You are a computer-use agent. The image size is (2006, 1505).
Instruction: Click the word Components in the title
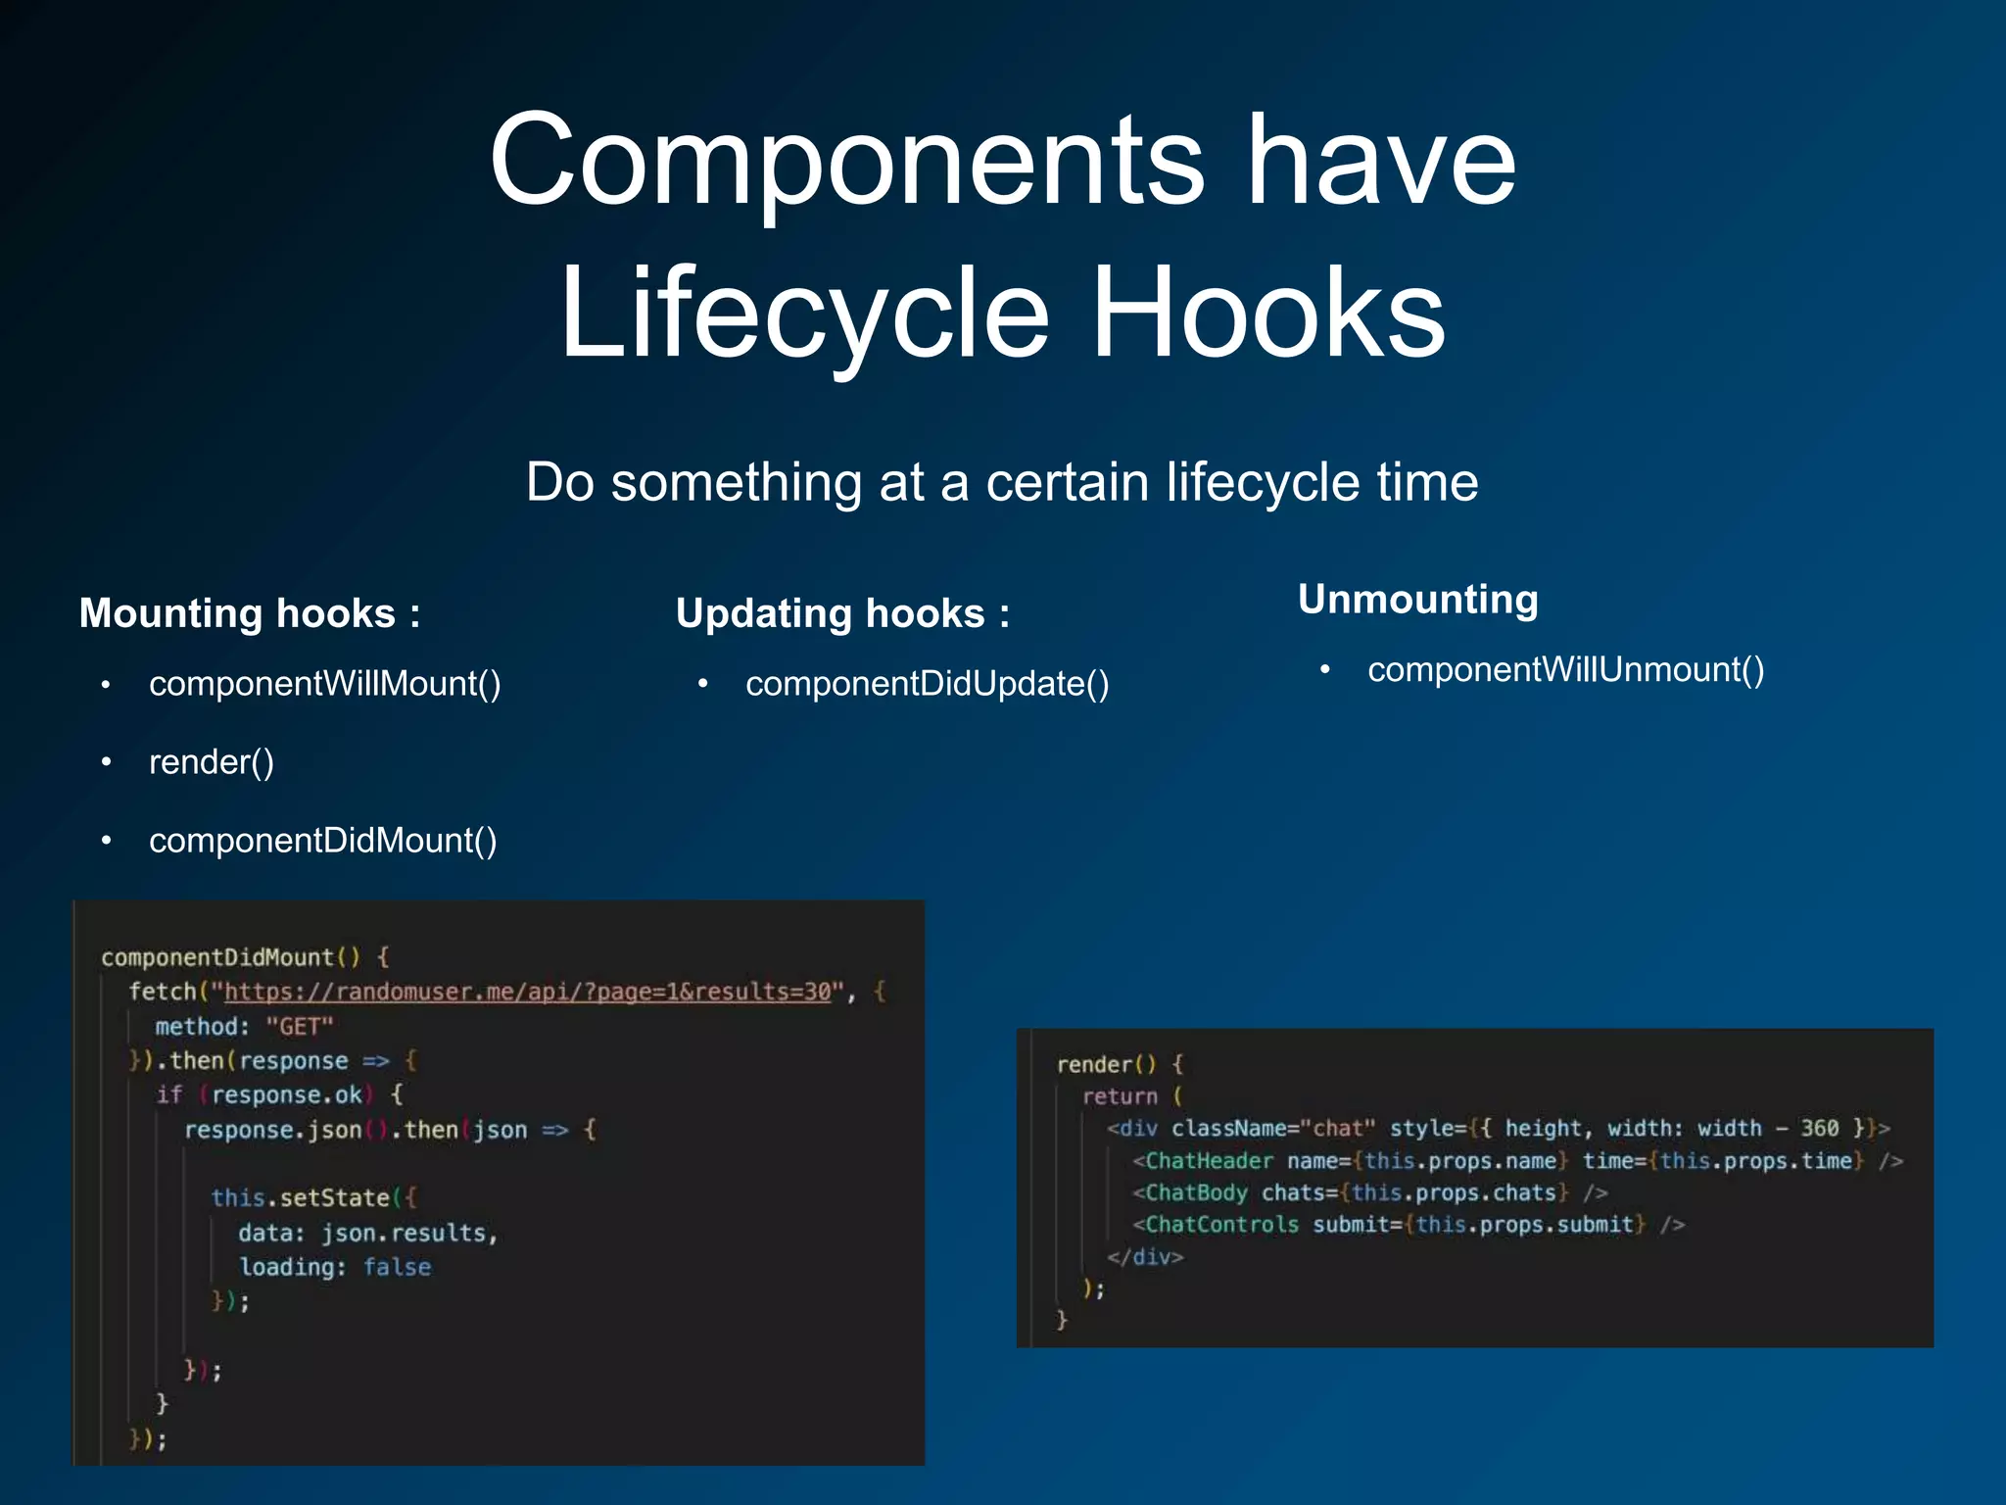[x=846, y=162]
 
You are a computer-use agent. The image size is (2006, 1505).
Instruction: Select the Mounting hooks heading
[x=250, y=613]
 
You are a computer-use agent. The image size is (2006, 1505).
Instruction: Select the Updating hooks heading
[x=842, y=613]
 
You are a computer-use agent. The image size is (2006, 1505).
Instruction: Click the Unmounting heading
[x=1417, y=599]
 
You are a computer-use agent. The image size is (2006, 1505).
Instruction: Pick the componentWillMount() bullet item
[x=324, y=684]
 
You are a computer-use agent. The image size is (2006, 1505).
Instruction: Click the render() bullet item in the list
[x=212, y=762]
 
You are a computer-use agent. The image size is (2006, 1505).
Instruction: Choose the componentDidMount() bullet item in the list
[x=322, y=841]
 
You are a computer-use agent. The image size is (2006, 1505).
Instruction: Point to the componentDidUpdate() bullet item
[x=927, y=684]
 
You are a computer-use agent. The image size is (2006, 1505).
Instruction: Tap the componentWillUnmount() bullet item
[x=1565, y=670]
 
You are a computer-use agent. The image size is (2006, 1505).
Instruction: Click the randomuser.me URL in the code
[x=527, y=992]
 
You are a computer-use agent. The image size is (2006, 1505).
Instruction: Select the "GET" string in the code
[x=300, y=1027]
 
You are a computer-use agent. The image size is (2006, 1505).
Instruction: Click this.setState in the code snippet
[x=300, y=1197]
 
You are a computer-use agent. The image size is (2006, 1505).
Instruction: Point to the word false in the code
[x=397, y=1267]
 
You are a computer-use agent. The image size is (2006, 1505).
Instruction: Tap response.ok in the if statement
[x=287, y=1094]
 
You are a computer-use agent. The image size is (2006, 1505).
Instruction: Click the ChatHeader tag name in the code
[x=1209, y=1161]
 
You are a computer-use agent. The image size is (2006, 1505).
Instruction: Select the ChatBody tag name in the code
[x=1196, y=1192]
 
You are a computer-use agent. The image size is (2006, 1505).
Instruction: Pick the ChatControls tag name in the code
[x=1221, y=1225]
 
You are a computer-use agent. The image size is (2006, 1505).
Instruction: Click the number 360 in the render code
[x=1819, y=1129]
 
